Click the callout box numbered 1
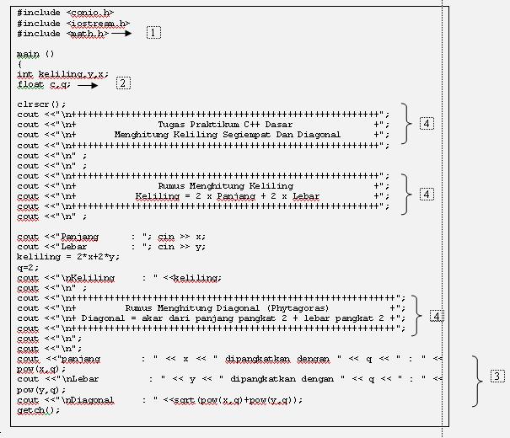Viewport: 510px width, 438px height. pos(153,33)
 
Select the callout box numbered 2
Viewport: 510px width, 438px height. pos(123,83)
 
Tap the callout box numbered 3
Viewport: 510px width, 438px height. pos(497,376)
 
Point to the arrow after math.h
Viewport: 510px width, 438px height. pos(123,34)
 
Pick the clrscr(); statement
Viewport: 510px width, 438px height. pos(41,104)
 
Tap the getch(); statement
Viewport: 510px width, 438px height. pos(39,410)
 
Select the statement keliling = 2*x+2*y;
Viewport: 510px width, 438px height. pos(68,257)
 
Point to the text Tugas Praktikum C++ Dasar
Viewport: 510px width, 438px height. pos(225,125)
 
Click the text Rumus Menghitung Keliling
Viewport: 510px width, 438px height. pos(225,185)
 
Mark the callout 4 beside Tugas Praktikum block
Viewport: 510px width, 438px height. pos(427,124)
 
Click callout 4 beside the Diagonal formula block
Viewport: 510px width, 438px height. pos(437,317)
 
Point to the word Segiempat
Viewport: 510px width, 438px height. pos(259,135)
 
